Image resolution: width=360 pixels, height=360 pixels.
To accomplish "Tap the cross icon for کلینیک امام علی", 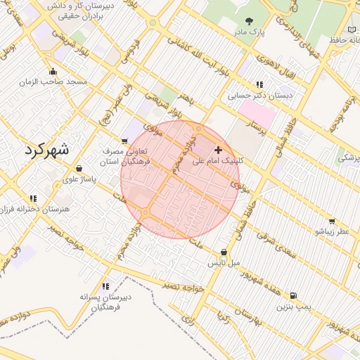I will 218,150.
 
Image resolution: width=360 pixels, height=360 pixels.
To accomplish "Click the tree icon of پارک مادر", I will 252,21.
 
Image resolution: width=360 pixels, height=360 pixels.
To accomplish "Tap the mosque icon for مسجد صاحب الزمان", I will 53,71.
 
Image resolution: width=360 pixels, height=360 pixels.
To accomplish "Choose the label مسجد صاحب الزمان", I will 53,82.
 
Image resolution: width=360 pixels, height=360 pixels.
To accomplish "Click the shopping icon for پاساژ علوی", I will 79,169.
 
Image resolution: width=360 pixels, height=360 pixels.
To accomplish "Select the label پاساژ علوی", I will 79,180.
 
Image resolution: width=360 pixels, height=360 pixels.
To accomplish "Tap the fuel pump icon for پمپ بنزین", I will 292,296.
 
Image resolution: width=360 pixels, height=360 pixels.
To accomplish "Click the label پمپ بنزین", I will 292,307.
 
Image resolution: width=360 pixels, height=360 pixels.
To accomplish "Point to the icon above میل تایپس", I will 224,252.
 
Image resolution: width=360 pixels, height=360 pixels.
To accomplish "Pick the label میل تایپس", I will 224,264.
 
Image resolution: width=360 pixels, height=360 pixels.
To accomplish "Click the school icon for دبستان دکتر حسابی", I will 259,84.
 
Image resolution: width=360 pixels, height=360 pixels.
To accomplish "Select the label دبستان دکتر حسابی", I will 259,96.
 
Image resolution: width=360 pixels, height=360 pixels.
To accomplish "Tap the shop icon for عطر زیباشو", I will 331,220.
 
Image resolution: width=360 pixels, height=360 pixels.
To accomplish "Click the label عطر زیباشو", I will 331,231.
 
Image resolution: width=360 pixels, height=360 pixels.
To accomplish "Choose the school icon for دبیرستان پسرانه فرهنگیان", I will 105,286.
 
